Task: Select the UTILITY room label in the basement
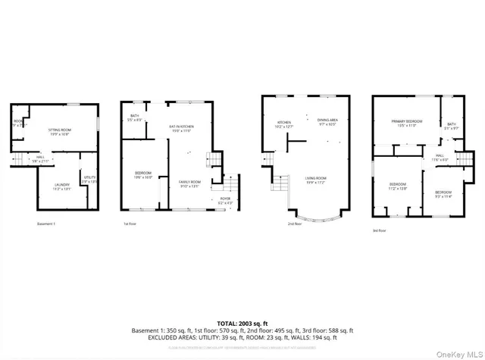[89, 179]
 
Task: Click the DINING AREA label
[327, 122]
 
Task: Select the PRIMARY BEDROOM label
[406, 123]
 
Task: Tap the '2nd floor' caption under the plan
[296, 224]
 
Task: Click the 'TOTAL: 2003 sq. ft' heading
[242, 322]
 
